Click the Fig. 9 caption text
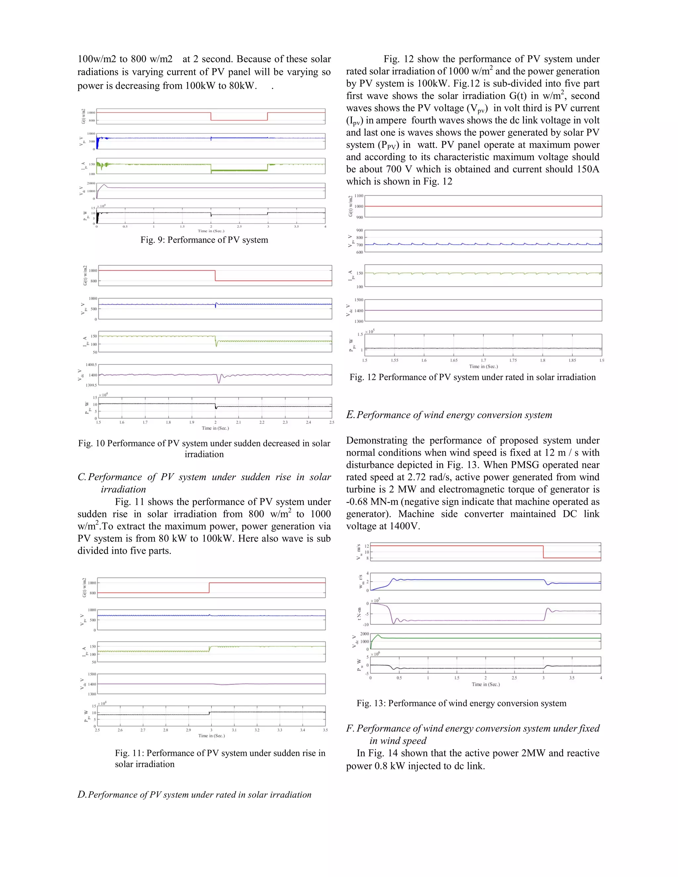tap(204, 240)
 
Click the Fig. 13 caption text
tap(461, 703)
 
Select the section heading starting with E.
tap(449, 415)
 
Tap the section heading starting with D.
tap(194, 795)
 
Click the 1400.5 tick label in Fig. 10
tap(91, 365)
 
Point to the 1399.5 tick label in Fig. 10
tap(91, 385)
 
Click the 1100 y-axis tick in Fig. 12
tap(359, 196)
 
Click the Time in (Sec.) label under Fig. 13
tap(486, 684)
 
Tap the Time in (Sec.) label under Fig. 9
tap(211, 231)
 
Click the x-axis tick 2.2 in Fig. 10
tap(262, 422)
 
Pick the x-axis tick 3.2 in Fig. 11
tap(257, 730)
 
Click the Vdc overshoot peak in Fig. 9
tap(104, 185)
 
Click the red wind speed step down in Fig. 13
tap(544, 552)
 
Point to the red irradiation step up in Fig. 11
tap(209, 587)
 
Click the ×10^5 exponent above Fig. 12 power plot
tap(369, 331)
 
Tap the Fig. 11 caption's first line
tap(220, 753)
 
